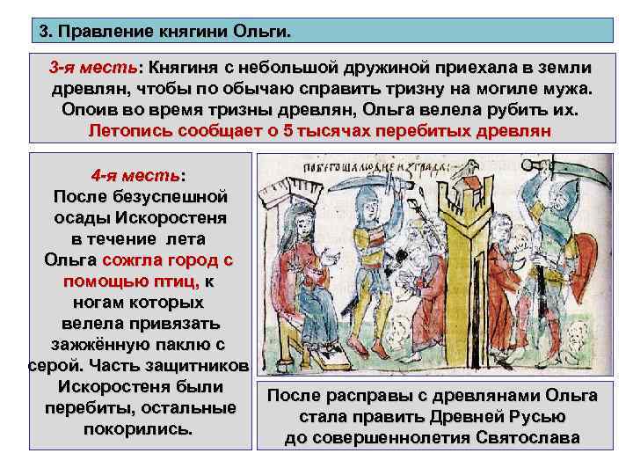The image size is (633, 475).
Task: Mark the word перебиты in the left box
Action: click(86, 408)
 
